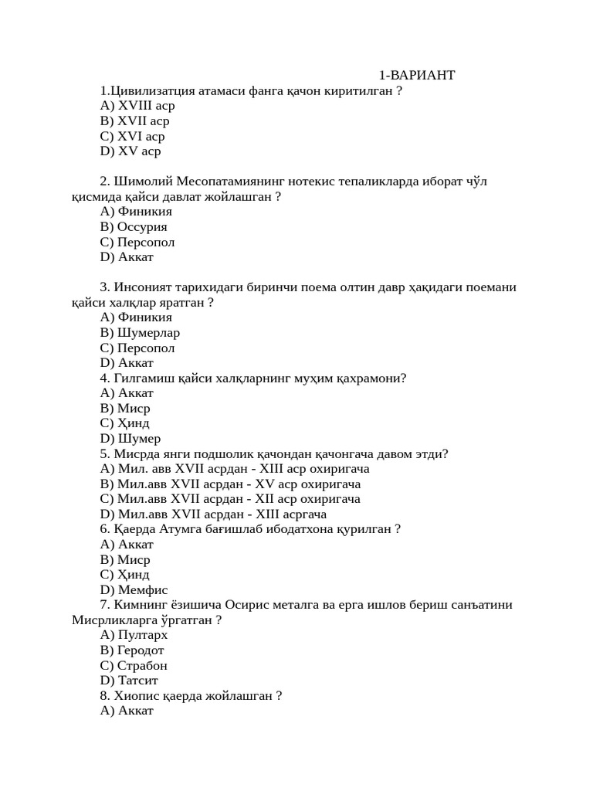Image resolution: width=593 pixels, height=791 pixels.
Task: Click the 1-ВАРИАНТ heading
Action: (x=416, y=75)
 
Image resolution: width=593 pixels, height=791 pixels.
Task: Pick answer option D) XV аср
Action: (x=130, y=151)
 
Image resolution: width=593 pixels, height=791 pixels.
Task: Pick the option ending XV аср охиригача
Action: (x=230, y=484)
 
